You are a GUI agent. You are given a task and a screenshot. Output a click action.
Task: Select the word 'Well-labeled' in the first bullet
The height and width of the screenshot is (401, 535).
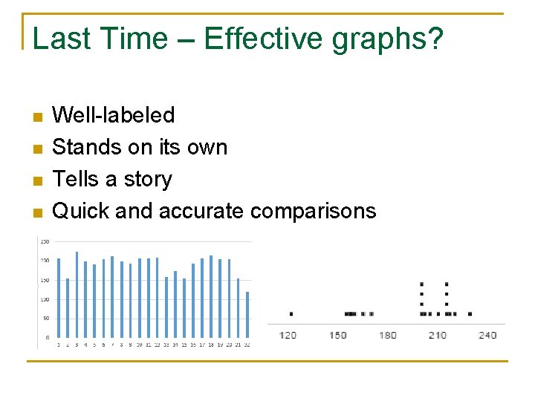(x=114, y=115)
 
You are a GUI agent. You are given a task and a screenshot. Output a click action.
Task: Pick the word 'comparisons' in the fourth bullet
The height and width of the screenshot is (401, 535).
(x=313, y=212)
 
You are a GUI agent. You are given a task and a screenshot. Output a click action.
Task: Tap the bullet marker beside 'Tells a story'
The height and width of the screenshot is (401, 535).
(x=39, y=180)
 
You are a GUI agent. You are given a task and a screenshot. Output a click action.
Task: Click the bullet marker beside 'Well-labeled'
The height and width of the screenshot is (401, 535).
(x=39, y=117)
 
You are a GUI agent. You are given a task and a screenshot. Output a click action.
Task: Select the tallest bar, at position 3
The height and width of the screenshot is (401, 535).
(x=77, y=295)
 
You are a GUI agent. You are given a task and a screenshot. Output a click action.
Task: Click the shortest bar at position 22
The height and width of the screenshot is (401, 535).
(x=247, y=315)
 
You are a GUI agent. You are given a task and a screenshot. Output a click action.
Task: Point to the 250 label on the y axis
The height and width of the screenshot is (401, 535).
(x=45, y=241)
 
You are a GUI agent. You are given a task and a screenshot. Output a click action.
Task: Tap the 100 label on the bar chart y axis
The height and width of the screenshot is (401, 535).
(x=45, y=299)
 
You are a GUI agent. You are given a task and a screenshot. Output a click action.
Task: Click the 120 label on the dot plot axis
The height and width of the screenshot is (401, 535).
(x=288, y=335)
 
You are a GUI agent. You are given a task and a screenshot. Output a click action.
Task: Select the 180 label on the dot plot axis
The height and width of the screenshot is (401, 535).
(x=388, y=335)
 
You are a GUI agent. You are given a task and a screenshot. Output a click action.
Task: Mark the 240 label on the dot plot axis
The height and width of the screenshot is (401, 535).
(x=487, y=335)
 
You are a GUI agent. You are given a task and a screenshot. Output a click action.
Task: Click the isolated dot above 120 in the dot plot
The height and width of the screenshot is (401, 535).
(x=291, y=314)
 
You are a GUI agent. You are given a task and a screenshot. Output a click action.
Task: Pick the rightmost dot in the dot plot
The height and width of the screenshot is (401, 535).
(x=470, y=314)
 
